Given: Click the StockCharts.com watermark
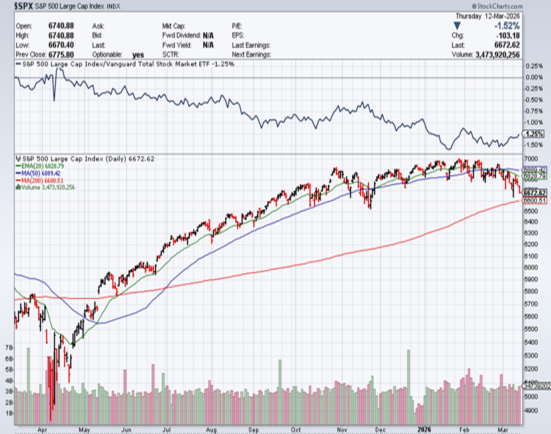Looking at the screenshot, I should pyautogui.click(x=498, y=6).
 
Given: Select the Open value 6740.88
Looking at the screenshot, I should pyautogui.click(x=61, y=26).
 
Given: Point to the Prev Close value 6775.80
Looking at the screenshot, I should pyautogui.click(x=61, y=54).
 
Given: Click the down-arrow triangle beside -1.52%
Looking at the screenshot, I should pyautogui.click(x=457, y=26).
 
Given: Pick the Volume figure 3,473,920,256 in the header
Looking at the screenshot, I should pyautogui.click(x=498, y=54).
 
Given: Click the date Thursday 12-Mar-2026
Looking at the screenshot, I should pyautogui.click(x=487, y=16).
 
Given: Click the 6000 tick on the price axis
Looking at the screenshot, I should pyautogui.click(x=531, y=267).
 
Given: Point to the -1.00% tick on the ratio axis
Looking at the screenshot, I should pyautogui.click(x=534, y=122).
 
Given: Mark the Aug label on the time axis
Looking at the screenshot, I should pyautogui.click(x=211, y=430).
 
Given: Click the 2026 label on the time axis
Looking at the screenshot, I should pyautogui.click(x=424, y=430).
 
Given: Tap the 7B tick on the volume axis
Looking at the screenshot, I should pyautogui.click(x=8, y=347).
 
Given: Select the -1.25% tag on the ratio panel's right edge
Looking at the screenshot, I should pyautogui.click(x=534, y=134).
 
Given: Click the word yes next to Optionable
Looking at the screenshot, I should pyautogui.click(x=138, y=55).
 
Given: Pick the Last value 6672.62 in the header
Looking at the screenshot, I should pyautogui.click(x=507, y=45).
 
